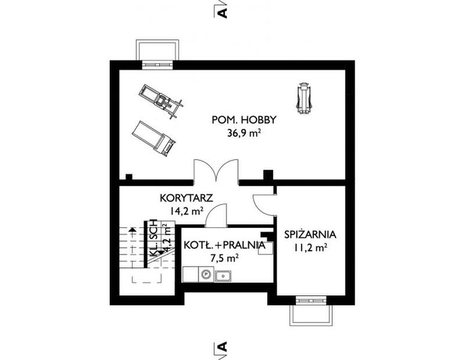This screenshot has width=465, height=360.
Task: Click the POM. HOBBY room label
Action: click(x=239, y=120)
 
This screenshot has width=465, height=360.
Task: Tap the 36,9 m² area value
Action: click(x=239, y=134)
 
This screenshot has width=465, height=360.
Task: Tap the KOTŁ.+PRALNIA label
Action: click(x=224, y=245)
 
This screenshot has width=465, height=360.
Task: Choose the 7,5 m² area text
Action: click(x=224, y=258)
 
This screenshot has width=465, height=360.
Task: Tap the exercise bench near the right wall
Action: click(x=305, y=97)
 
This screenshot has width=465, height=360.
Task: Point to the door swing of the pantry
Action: click(x=263, y=204)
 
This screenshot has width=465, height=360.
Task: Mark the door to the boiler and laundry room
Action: click(x=216, y=217)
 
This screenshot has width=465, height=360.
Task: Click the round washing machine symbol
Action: click(x=205, y=275)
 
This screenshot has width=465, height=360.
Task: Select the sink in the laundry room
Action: click(x=224, y=275)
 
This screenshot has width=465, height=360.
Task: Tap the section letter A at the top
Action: click(x=223, y=11)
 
